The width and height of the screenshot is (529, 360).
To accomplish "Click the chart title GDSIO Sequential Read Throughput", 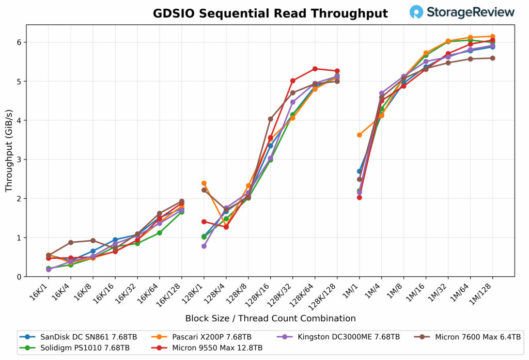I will point(270,13).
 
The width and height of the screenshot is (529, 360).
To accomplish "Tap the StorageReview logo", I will point(462,12).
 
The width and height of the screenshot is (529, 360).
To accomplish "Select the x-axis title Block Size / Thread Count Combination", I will point(270,319).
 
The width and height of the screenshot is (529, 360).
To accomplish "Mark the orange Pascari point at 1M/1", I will point(360,135).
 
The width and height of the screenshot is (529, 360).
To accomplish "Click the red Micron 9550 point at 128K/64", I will point(315,69).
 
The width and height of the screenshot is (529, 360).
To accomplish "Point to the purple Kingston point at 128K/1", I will point(204,246).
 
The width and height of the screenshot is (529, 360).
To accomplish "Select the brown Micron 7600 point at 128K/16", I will point(271,119).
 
